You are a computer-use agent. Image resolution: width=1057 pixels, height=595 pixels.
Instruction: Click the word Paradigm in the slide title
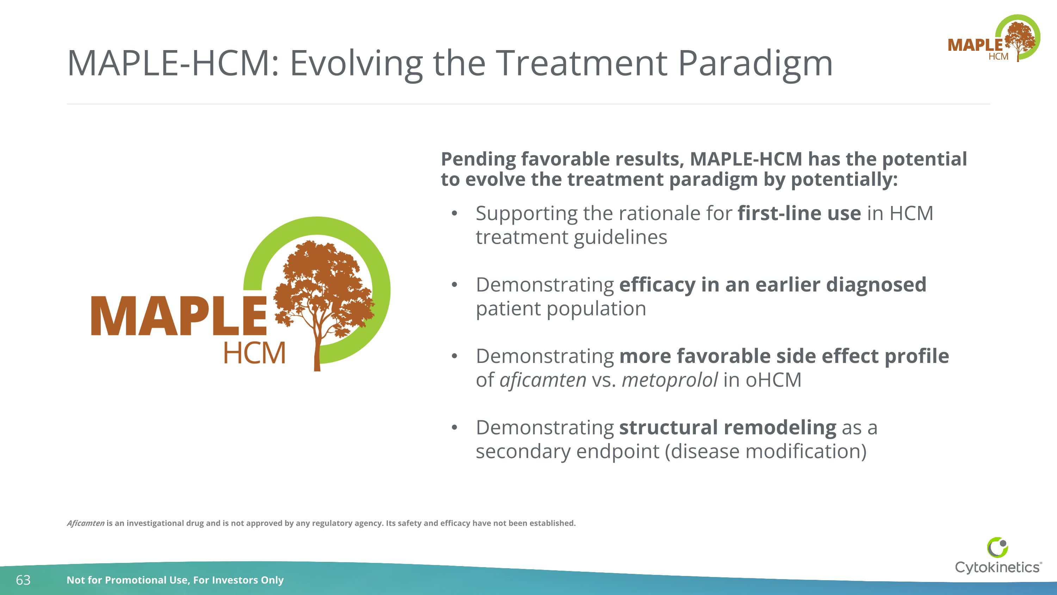click(755, 63)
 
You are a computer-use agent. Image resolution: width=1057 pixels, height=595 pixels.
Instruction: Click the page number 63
click(23, 580)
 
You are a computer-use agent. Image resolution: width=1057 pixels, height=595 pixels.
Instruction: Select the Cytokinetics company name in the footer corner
click(997, 567)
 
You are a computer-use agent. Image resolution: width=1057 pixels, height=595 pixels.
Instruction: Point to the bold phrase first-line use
click(799, 213)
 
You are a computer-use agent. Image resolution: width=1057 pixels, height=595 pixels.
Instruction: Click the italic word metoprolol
click(670, 380)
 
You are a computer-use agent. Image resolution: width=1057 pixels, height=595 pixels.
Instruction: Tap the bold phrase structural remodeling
click(728, 427)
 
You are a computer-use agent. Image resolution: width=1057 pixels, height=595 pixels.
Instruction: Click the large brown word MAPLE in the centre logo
click(179, 316)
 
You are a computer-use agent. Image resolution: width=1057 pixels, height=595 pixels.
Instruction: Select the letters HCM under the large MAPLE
click(254, 353)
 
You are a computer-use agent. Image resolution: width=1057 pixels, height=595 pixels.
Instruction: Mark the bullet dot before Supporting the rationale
click(454, 213)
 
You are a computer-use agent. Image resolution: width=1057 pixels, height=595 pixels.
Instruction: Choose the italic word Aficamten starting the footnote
click(86, 523)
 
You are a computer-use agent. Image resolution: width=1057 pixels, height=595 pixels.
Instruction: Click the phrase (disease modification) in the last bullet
click(766, 451)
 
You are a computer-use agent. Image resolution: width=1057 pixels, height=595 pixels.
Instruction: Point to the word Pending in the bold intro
click(478, 159)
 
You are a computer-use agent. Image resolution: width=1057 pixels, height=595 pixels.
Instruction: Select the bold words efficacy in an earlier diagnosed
click(772, 285)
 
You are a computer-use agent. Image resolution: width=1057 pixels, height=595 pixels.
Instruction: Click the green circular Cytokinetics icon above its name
click(997, 547)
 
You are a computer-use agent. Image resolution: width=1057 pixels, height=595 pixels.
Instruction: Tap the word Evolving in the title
click(356, 63)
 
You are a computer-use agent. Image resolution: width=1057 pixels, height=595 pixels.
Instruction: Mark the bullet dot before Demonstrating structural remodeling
click(454, 427)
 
